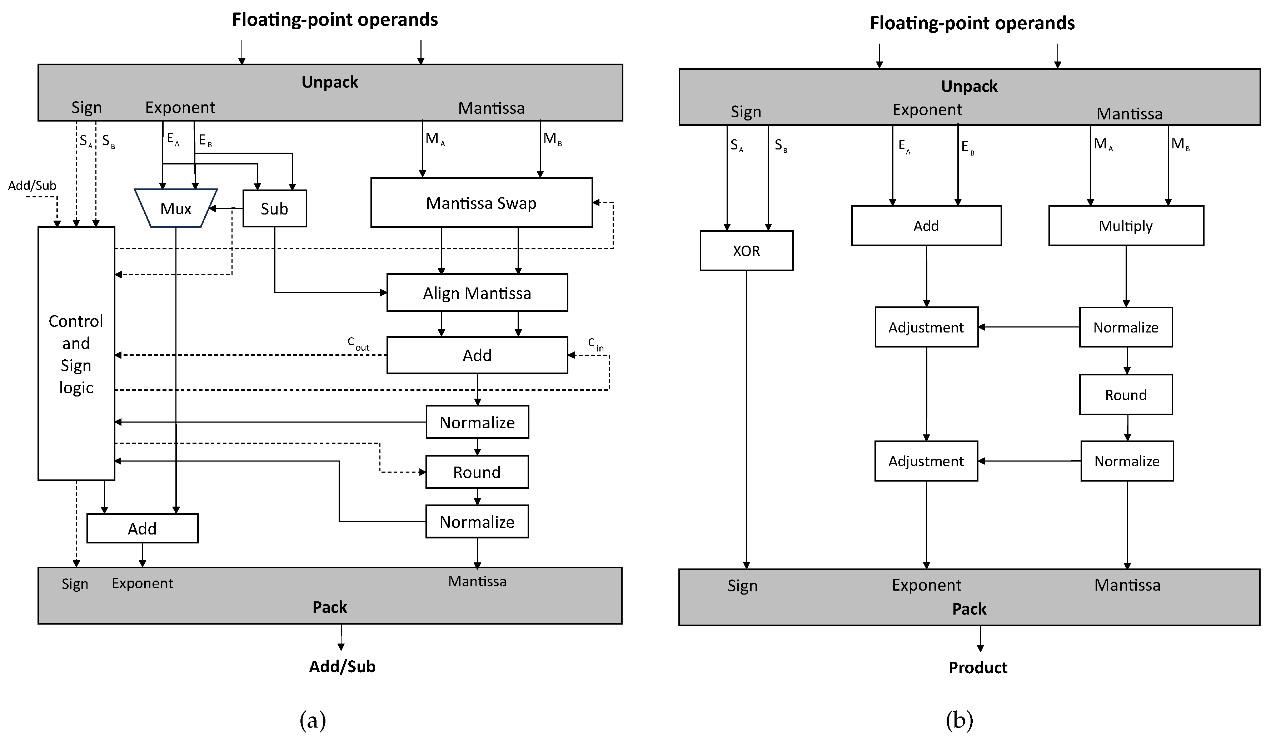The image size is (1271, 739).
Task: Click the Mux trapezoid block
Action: click(x=175, y=208)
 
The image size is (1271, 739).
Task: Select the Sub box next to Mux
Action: click(x=274, y=208)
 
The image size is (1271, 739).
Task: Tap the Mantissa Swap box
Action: click(x=481, y=203)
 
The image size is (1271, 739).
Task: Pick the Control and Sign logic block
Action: click(x=76, y=353)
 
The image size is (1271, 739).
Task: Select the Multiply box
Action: click(x=1126, y=226)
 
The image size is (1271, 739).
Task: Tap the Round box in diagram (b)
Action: click(x=1126, y=395)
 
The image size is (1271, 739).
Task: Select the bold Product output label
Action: click(x=977, y=668)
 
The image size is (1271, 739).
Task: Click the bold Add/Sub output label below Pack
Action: click(x=342, y=667)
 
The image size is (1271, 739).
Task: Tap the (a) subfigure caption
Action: click(x=313, y=720)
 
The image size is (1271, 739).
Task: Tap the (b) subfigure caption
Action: click(x=959, y=720)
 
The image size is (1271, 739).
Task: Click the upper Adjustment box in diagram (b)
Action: click(x=926, y=327)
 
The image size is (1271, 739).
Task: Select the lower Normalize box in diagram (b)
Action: click(x=1127, y=461)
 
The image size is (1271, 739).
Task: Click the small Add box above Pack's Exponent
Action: click(x=142, y=528)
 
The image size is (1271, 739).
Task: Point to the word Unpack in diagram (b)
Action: click(x=969, y=86)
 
